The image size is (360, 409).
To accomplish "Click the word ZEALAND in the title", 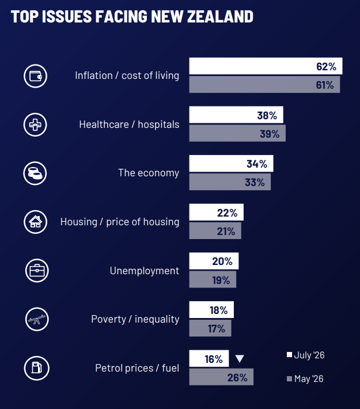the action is (x=221, y=17).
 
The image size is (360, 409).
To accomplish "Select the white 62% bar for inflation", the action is (x=266, y=66).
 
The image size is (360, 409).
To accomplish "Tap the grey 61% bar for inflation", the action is (x=264, y=85).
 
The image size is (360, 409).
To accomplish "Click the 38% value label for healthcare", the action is (x=267, y=115).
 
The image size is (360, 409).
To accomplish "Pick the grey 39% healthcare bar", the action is (x=237, y=133).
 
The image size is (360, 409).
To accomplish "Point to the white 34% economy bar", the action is (x=232, y=164).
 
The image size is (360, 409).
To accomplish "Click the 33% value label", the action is (x=255, y=183).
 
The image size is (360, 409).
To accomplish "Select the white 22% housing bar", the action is (x=217, y=212).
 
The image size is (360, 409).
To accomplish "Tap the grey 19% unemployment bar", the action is (x=213, y=279).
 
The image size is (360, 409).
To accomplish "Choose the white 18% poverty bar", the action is (x=211, y=309).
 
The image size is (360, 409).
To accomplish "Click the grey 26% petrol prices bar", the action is (x=221, y=377).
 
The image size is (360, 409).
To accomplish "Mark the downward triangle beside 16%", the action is (x=240, y=359).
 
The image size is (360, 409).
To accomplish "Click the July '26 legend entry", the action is (x=305, y=355).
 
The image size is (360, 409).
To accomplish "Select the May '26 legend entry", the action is (x=305, y=378).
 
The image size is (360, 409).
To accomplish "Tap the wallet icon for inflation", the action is (x=36, y=76).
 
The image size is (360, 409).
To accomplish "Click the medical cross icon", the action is (x=35, y=124).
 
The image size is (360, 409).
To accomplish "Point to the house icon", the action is (x=36, y=222).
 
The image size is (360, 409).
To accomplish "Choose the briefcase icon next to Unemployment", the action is (x=37, y=271).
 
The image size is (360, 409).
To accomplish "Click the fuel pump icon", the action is (x=36, y=368).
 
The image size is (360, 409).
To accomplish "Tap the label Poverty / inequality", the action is (x=135, y=319).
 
